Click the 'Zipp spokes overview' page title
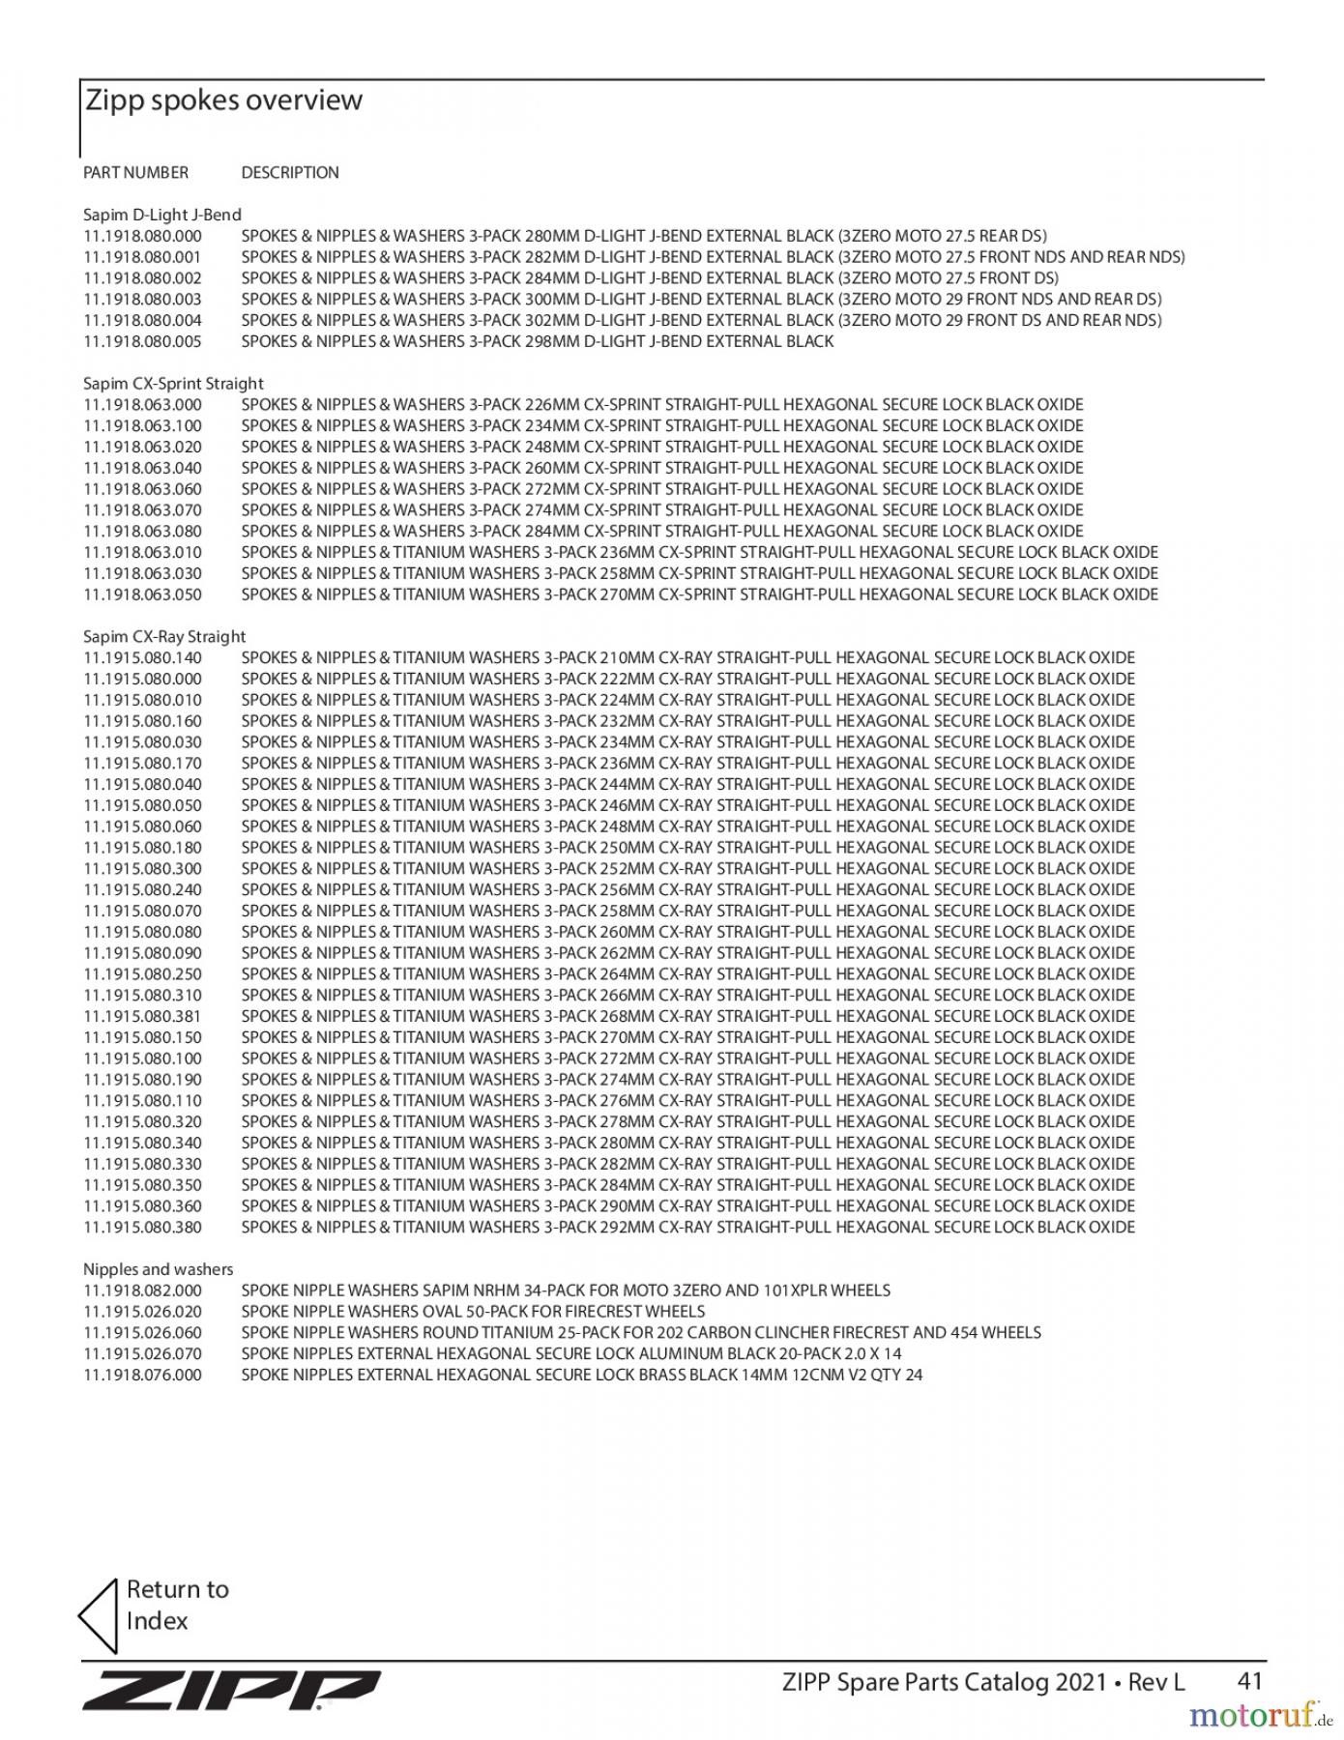223,101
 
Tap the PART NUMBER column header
135,173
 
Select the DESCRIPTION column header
290,173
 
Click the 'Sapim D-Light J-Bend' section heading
162,215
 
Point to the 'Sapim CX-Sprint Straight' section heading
173,384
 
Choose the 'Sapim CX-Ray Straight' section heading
164,637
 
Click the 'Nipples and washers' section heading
158,1269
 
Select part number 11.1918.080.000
142,236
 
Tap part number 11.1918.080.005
142,341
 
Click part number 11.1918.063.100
142,426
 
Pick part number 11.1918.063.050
142,594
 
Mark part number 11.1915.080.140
142,658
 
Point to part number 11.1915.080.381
142,1016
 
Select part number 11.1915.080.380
142,1228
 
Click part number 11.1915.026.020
142,1312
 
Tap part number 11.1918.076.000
142,1376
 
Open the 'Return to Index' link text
177,1605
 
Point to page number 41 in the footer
1250,1682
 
